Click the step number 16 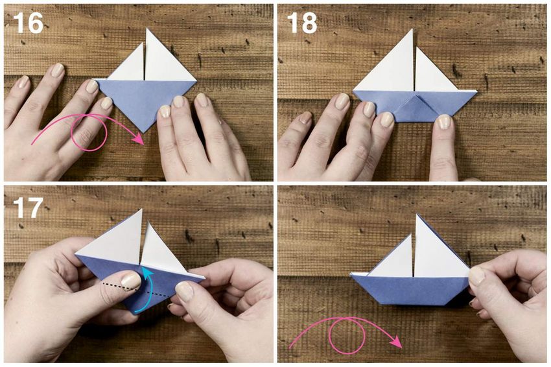[x=28, y=23]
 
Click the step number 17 [x=28, y=207]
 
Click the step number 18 [x=302, y=23]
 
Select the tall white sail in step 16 [x=165, y=60]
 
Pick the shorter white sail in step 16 [x=128, y=65]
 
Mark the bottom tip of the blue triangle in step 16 [x=143, y=132]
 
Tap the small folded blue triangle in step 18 [x=415, y=108]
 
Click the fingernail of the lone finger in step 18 [x=444, y=122]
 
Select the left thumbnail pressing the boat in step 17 [x=131, y=281]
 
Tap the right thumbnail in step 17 [x=184, y=291]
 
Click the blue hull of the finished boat [x=410, y=290]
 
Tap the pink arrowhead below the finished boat [x=396, y=341]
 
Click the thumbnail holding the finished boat [x=477, y=276]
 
